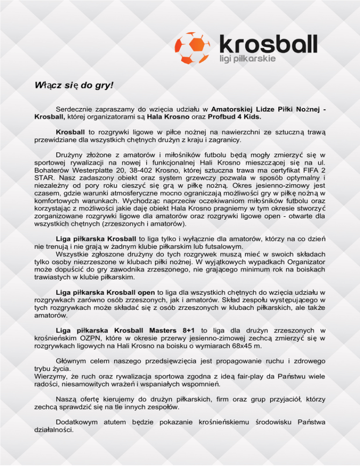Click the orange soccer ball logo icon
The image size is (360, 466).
click(x=194, y=45)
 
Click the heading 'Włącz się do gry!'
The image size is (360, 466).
click(x=74, y=86)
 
